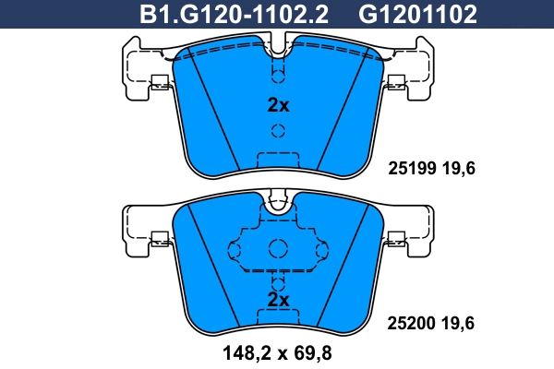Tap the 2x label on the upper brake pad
pos(278,105)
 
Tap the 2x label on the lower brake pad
pos(278,300)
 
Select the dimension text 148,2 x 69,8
pos(278,351)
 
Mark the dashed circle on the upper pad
pos(278,75)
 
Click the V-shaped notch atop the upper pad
pos(278,42)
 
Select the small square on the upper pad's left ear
pos(158,80)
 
